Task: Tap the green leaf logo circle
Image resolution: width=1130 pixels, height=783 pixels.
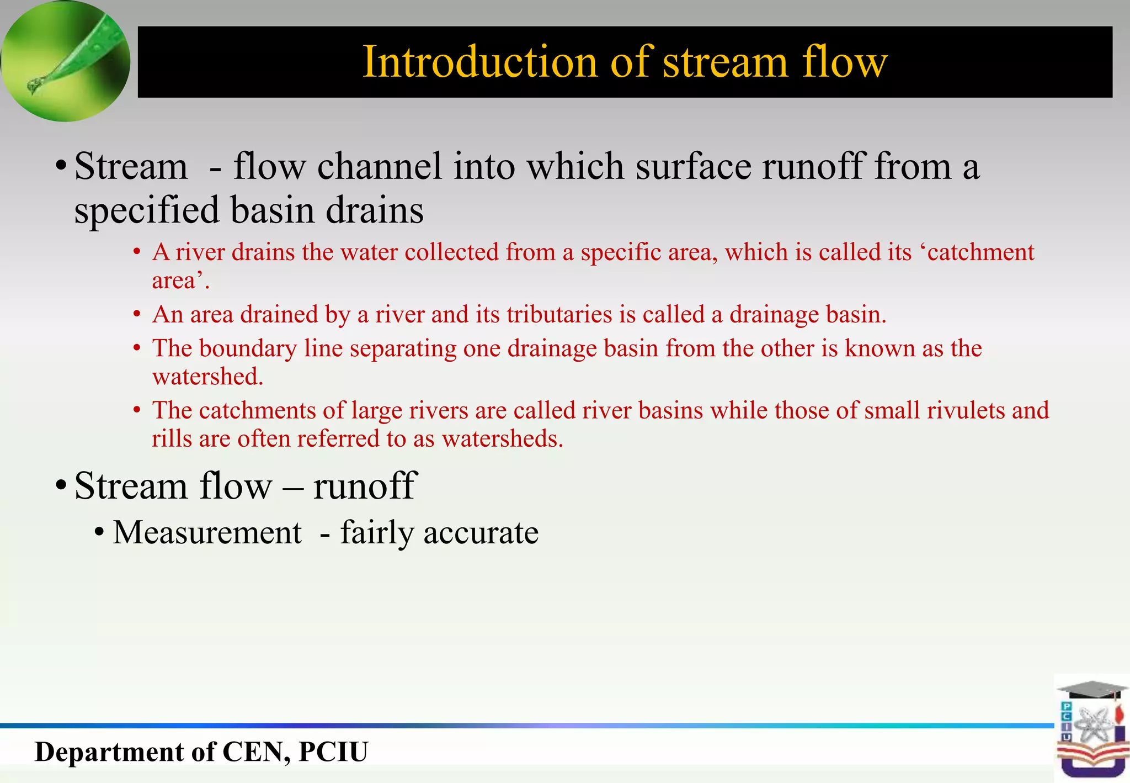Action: [x=65, y=61]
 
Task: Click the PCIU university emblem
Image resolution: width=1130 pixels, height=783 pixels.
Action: [x=1091, y=729]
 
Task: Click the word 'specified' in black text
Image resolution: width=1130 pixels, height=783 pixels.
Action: [x=147, y=211]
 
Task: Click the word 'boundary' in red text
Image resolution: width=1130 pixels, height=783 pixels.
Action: [x=248, y=349]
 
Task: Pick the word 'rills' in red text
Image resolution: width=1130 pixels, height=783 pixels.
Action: [x=167, y=439]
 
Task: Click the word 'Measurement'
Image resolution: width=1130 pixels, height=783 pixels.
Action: [x=207, y=533]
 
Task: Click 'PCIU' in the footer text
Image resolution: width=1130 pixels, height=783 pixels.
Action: [x=333, y=752]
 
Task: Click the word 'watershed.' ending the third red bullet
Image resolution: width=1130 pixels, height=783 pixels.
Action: [x=207, y=377]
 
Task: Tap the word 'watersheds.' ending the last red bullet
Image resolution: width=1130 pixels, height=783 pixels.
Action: [x=503, y=439]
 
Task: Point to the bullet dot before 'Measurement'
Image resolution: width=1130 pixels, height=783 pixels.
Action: [x=99, y=533]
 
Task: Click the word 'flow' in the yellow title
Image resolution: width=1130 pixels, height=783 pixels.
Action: [x=845, y=62]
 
